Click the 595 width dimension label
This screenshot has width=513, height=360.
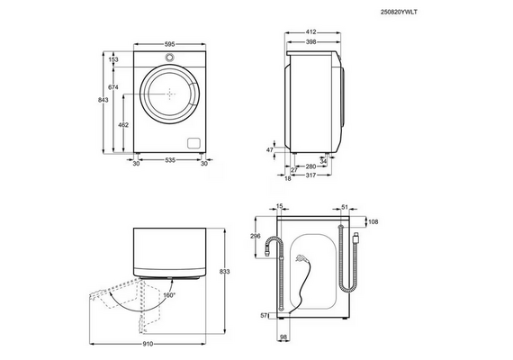tap(169, 44)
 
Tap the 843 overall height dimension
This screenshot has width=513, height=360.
tap(103, 100)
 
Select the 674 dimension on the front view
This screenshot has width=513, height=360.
tap(113, 87)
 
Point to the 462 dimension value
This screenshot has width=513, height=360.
tap(123, 125)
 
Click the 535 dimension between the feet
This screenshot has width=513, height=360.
tap(170, 160)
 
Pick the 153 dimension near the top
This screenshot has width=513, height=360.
tap(113, 59)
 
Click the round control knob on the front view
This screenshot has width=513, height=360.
tap(169, 58)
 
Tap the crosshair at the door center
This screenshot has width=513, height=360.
tap(170, 94)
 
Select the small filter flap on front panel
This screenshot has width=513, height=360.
tap(193, 143)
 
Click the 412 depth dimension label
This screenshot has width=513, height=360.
tap(310, 32)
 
